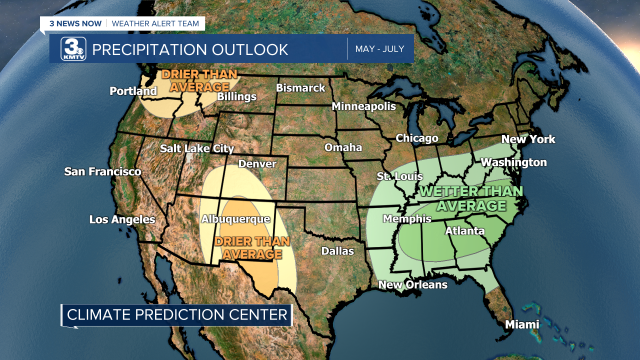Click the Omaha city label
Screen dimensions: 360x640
coord(343,147)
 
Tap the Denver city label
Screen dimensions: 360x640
coord(257,164)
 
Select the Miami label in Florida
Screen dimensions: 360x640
coord(522,324)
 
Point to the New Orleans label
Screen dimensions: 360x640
coord(412,284)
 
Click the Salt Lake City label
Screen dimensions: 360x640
coord(196,148)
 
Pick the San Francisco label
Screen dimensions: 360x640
coord(102,172)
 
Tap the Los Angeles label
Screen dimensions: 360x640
coord(122,219)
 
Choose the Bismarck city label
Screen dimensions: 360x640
coord(300,88)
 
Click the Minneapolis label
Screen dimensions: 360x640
coord(363,106)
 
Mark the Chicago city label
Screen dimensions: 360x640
coord(416,138)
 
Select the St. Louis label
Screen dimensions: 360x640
coord(399,176)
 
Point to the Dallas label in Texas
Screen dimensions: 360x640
coord(337,251)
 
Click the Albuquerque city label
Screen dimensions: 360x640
coord(235,219)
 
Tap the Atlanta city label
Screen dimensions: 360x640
coord(464,230)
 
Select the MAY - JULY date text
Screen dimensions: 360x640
coord(379,49)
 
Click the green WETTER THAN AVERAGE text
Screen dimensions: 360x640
coord(471,198)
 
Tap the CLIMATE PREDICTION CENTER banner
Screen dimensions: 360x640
coord(177,315)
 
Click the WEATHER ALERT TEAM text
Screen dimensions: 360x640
coord(155,23)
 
